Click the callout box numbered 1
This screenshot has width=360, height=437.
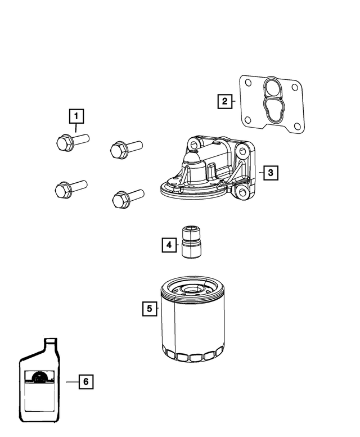(76, 116)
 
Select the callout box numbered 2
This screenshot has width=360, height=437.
(225, 101)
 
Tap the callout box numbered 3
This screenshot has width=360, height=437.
(271, 173)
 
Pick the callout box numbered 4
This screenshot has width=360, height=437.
(169, 245)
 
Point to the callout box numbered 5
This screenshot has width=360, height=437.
(150, 309)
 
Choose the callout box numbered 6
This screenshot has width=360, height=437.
(86, 381)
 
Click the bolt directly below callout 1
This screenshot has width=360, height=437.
(73, 142)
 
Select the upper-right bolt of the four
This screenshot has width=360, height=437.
(127, 150)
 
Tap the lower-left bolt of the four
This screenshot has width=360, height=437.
(71, 188)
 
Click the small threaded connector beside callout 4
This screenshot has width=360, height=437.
(191, 242)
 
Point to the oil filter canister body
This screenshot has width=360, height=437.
(193, 319)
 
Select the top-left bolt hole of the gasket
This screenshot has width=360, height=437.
(248, 83)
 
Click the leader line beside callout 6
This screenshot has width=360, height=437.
(73, 382)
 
